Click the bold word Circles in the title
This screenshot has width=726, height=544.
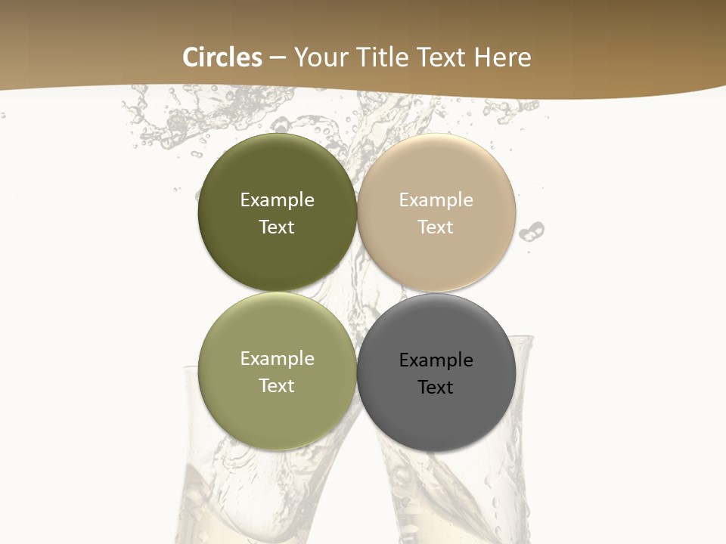pyautogui.click(x=222, y=57)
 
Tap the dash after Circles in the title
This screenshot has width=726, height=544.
pyautogui.click(x=278, y=57)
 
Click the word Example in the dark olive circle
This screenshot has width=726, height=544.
pyautogui.click(x=277, y=200)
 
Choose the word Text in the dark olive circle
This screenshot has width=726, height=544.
pyautogui.click(x=277, y=227)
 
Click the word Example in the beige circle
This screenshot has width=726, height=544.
pyautogui.click(x=436, y=200)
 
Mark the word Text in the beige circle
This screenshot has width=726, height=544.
pyautogui.click(x=436, y=227)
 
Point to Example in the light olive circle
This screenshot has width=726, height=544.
pyautogui.click(x=277, y=359)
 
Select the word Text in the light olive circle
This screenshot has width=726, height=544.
pyautogui.click(x=277, y=386)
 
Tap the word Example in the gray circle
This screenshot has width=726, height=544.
pyautogui.click(x=436, y=360)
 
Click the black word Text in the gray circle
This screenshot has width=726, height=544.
pyautogui.click(x=436, y=388)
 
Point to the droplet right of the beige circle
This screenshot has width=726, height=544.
pyautogui.click(x=535, y=229)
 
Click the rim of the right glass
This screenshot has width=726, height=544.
pyautogui.click(x=522, y=340)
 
